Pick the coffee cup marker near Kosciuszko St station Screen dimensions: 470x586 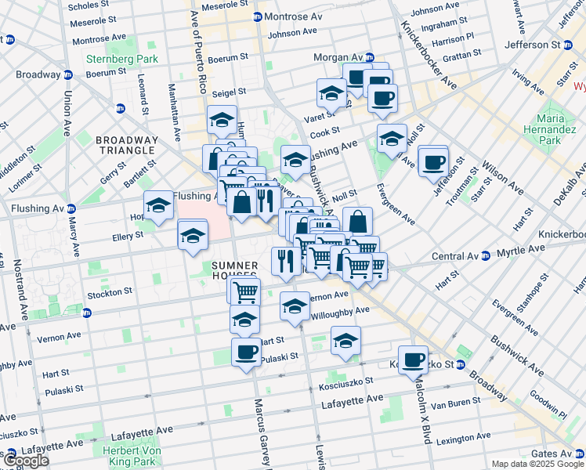pyautogui.click(x=413, y=360)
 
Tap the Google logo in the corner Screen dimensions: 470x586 pyautogui.click(x=26, y=460)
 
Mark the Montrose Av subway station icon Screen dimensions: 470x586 pyautogui.click(x=257, y=17)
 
